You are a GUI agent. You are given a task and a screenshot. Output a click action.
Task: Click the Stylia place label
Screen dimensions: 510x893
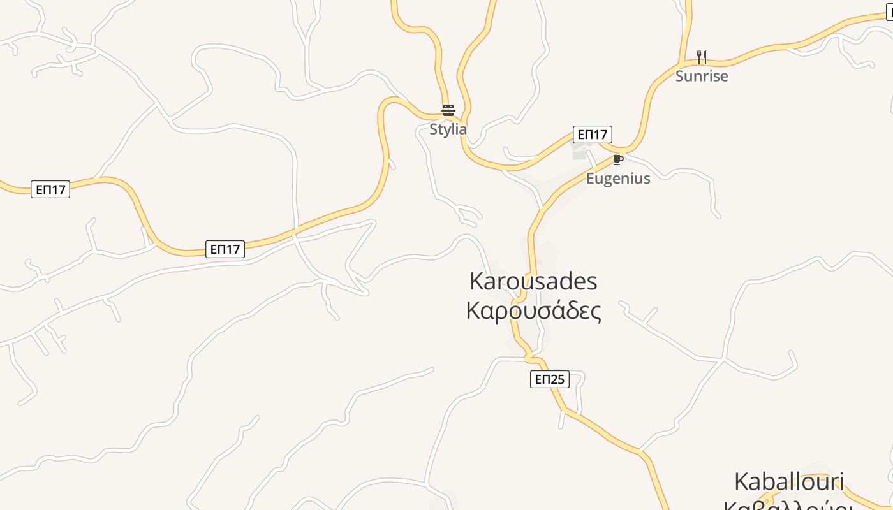448,129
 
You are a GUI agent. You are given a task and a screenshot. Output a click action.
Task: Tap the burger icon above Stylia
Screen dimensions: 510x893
448,110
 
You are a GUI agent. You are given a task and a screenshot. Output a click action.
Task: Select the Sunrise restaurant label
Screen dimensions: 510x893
702,76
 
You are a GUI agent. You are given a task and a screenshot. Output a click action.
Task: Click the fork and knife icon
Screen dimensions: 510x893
702,57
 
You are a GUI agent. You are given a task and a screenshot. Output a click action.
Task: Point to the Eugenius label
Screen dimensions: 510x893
618,178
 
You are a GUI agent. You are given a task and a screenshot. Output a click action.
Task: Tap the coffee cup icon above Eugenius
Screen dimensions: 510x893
617,159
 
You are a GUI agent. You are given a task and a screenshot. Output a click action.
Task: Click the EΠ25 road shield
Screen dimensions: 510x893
549,379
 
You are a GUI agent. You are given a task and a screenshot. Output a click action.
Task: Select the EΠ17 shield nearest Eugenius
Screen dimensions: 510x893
592,135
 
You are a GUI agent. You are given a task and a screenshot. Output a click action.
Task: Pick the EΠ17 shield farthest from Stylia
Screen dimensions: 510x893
50,189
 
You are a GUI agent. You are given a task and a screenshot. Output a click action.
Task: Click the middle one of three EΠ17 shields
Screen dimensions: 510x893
225,249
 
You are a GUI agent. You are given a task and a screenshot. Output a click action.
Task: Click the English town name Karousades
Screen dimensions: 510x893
533,281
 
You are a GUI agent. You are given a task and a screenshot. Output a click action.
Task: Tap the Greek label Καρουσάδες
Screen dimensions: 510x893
533,312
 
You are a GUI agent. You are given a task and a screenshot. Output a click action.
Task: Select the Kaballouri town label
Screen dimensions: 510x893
789,481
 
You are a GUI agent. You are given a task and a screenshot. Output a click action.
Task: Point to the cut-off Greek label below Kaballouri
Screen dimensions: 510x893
789,505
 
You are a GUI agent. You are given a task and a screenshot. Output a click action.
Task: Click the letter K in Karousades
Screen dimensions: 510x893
476,281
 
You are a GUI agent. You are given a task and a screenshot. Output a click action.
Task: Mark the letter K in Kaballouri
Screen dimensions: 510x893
742,481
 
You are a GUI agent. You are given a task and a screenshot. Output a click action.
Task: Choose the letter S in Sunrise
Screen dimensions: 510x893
680,76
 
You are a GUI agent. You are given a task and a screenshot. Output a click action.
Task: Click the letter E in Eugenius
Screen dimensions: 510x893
591,178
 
